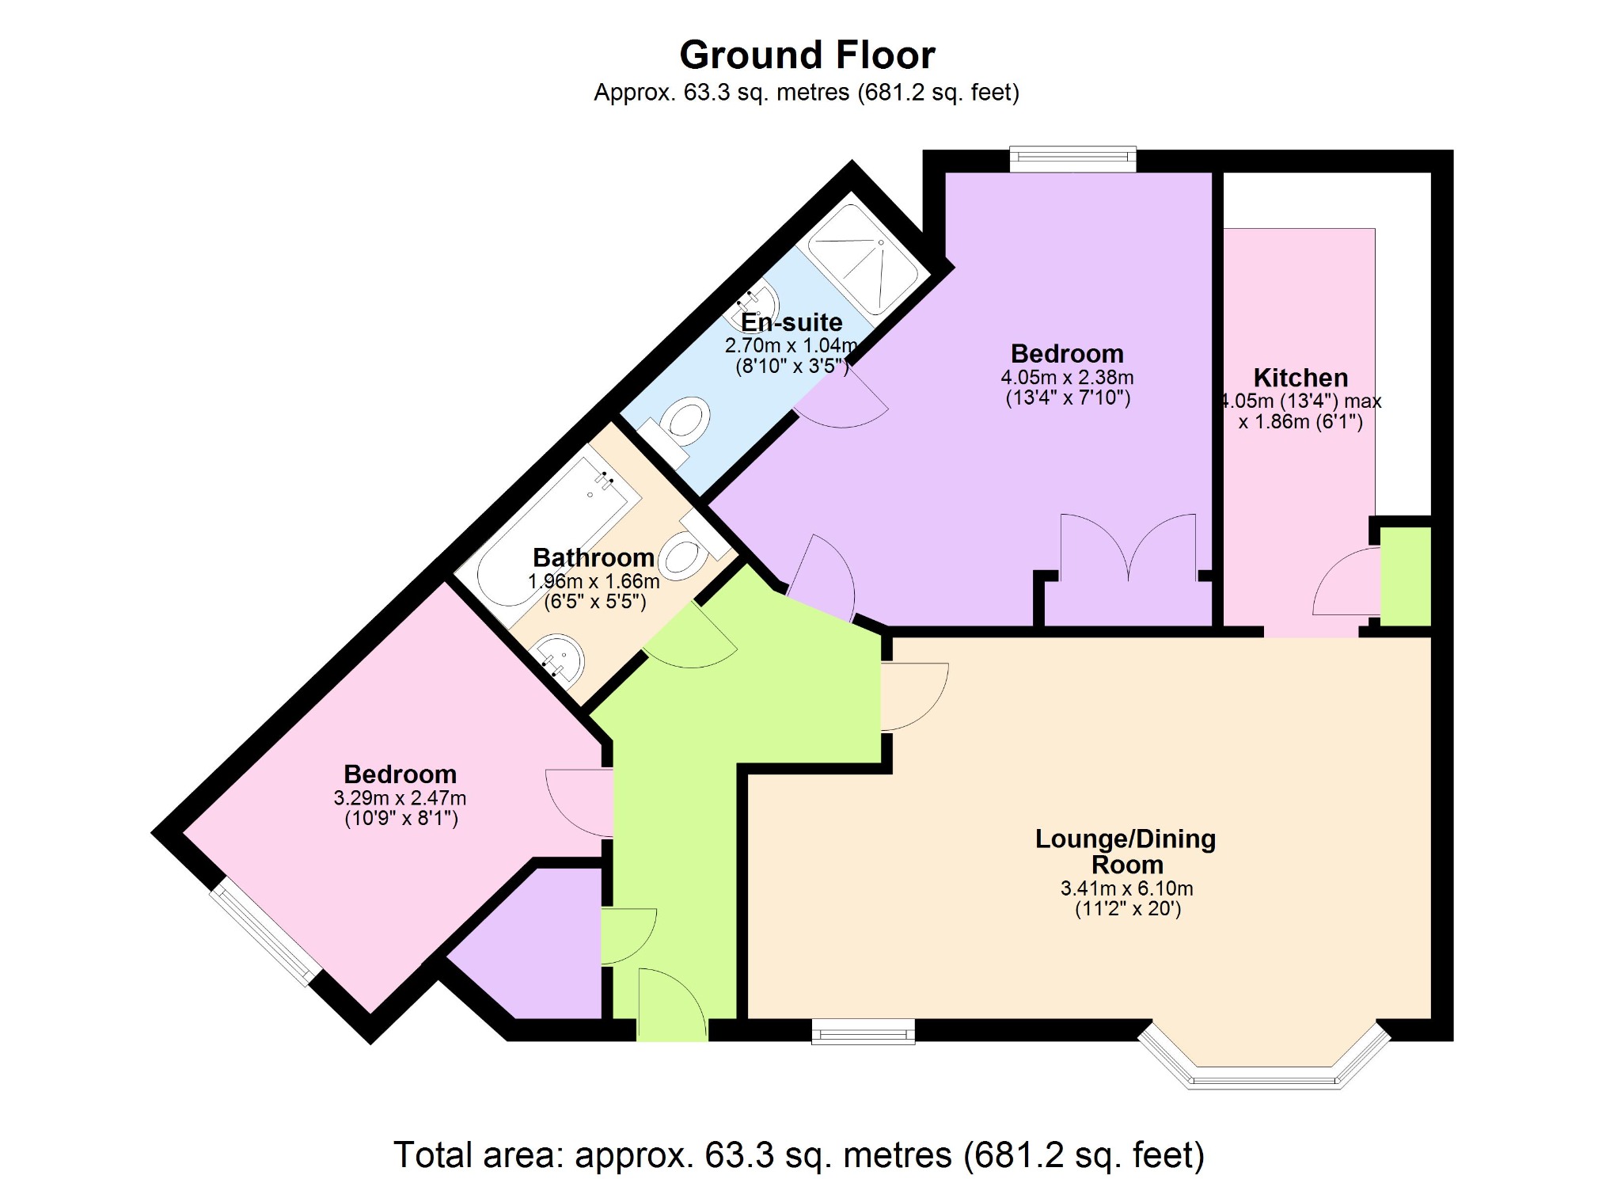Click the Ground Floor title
(x=807, y=55)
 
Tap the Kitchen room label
(x=1300, y=378)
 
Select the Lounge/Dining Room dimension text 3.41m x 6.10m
(x=1126, y=888)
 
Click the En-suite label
(x=792, y=322)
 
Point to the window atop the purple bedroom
(x=1072, y=159)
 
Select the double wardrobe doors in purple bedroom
(x=1128, y=554)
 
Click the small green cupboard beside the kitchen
(x=1406, y=576)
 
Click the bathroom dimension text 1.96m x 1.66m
(x=594, y=581)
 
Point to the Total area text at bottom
(x=799, y=1154)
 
